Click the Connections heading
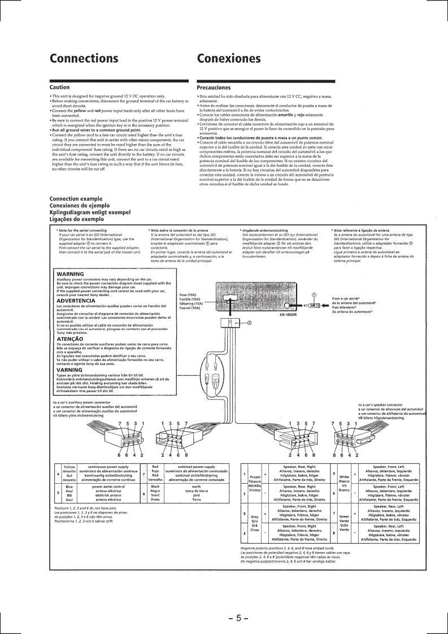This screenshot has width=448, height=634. pyautogui.click(x=84, y=59)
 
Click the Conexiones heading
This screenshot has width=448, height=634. pyautogui.click(x=229, y=59)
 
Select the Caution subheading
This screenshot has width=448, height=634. pyautogui.click(x=60, y=88)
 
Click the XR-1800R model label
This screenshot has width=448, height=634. pyautogui.click(x=288, y=314)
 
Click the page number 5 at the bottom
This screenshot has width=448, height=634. pyautogui.click(x=239, y=618)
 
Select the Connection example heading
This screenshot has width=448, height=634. pyautogui.click(x=76, y=199)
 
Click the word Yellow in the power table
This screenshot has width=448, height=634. pyautogui.click(x=69, y=467)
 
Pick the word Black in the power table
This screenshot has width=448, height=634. pyautogui.click(x=156, y=486)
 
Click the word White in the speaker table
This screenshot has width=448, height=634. pyautogui.click(x=343, y=476)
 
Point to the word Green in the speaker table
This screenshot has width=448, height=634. pyautogui.click(x=343, y=516)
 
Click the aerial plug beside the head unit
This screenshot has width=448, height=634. pyautogui.click(x=314, y=305)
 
